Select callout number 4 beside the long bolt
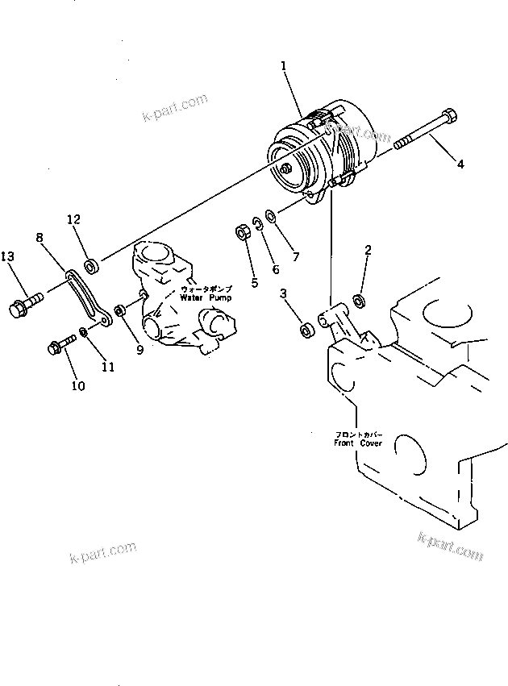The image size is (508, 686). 460,164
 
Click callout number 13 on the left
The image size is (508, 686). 8,256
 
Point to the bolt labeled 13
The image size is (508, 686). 24,306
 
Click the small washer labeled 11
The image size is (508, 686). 85,333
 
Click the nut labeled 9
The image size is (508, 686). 120,310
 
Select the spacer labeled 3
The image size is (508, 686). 306,331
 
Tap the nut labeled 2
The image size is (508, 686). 360,300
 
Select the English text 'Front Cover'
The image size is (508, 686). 358,443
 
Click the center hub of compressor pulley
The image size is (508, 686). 289,169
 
